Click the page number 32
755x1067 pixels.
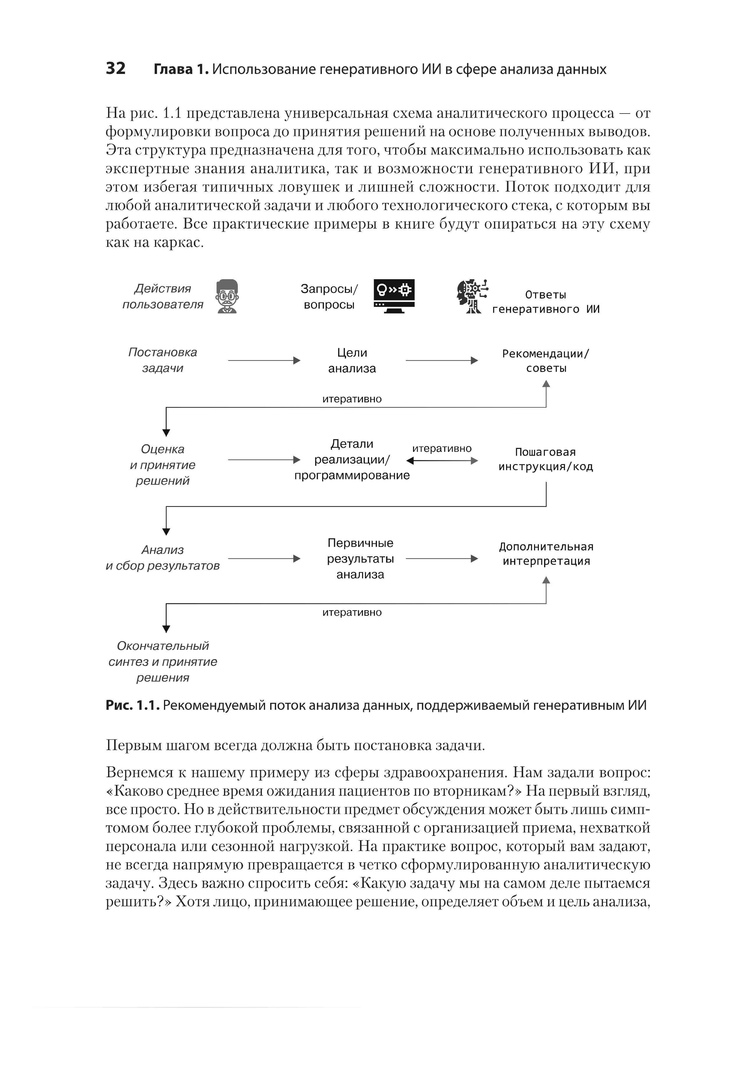click(x=115, y=68)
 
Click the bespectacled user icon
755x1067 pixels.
click(x=227, y=296)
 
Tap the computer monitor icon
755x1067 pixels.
click(x=394, y=296)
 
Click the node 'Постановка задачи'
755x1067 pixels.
click(x=163, y=360)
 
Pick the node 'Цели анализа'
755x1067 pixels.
click(x=352, y=361)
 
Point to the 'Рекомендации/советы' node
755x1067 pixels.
click(x=546, y=361)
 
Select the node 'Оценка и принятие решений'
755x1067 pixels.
click(x=163, y=465)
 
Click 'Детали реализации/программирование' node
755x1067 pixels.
click(x=352, y=460)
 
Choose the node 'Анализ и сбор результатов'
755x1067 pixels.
click(x=163, y=558)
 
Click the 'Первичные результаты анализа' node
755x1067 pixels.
click(x=360, y=559)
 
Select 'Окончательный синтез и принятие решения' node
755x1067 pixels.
click(x=163, y=662)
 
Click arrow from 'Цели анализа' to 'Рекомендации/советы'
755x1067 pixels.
click(x=442, y=361)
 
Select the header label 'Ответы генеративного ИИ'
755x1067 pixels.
click(x=546, y=302)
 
